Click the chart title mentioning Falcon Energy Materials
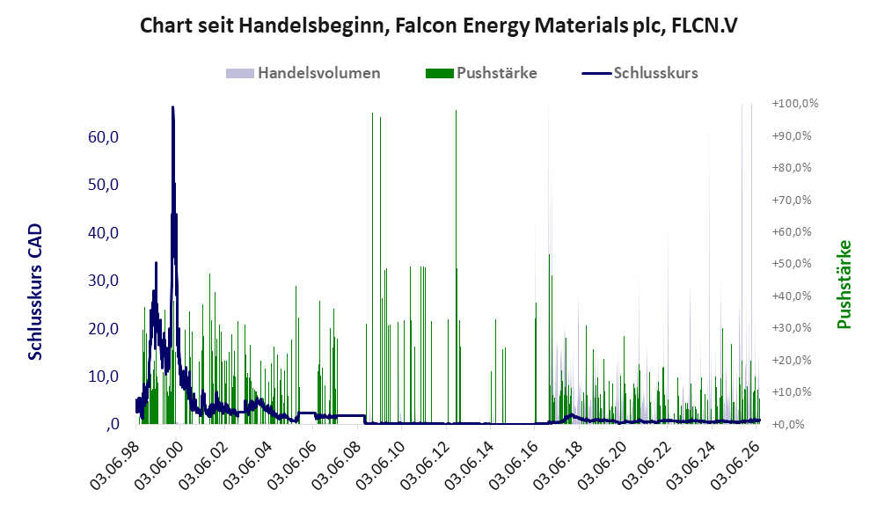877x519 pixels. tap(438, 26)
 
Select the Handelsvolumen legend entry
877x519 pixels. tap(303, 73)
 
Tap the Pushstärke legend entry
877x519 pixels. tap(481, 73)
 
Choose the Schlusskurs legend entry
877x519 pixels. tap(639, 73)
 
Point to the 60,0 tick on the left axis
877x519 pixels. tap(104, 137)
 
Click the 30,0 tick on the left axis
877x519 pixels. tap(104, 281)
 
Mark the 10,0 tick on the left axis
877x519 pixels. tap(104, 376)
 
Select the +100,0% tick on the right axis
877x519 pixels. tap(795, 104)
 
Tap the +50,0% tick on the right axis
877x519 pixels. tap(792, 263)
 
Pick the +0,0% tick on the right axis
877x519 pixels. tap(789, 424)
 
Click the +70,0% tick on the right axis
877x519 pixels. tap(792, 200)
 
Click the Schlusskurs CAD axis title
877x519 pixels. tap(35, 291)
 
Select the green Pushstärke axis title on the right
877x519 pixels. tap(844, 284)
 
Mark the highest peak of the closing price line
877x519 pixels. tap(172, 106)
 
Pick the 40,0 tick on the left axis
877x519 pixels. tap(104, 232)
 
